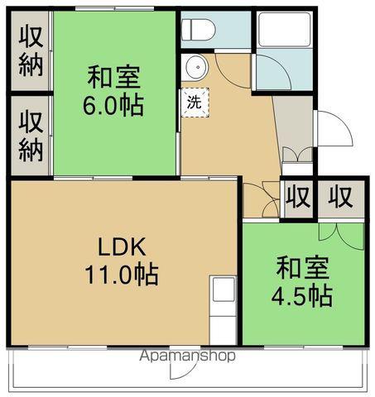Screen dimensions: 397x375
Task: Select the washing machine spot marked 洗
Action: [196, 103]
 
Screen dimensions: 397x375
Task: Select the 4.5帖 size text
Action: [303, 295]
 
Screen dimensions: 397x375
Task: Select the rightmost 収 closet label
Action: [339, 198]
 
